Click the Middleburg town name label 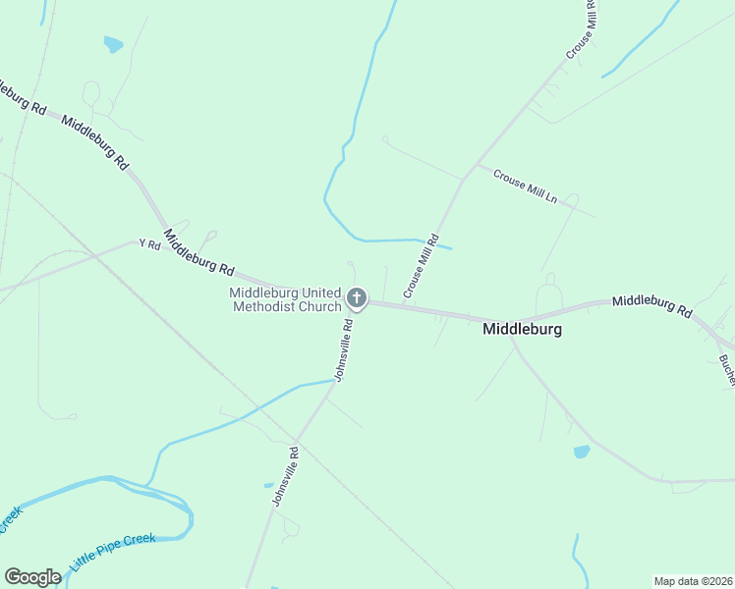pos(522,330)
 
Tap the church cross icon pos(357,297)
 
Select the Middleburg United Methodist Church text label pos(285,299)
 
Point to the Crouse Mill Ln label pos(525,186)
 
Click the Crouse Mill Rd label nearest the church pos(419,268)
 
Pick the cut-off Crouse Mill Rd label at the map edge pos(582,28)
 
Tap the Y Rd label pos(149,243)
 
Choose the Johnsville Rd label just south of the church pos(343,348)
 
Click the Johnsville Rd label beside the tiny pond pos(285,476)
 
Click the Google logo pos(32,577)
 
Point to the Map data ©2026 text pos(693,581)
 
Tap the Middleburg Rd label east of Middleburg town pos(651,305)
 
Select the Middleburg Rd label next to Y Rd pos(199,251)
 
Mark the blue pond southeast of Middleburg pos(582,452)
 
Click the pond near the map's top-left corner pos(113,44)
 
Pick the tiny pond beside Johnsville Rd pos(268,484)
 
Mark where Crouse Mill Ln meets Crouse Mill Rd pos(464,178)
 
